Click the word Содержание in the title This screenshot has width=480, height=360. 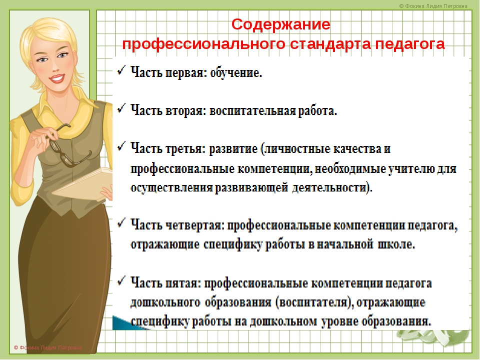pyautogui.click(x=280, y=24)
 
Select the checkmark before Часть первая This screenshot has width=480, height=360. pyautogui.click(x=121, y=70)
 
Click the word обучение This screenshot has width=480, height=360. pyautogui.click(x=236, y=72)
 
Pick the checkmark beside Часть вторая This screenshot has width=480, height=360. pyautogui.click(x=121, y=108)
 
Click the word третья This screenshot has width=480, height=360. pyautogui.click(x=185, y=149)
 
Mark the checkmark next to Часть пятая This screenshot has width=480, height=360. pyautogui.click(x=121, y=280)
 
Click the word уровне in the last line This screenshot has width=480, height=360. pyautogui.click(x=340, y=321)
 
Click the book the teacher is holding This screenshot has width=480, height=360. pyautogui.click(x=82, y=183)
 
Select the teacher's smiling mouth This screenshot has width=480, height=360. pyautogui.click(x=57, y=78)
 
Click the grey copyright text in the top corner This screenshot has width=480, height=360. pyautogui.click(x=433, y=6)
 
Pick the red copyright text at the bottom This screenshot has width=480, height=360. pyautogui.click(x=48, y=347)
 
